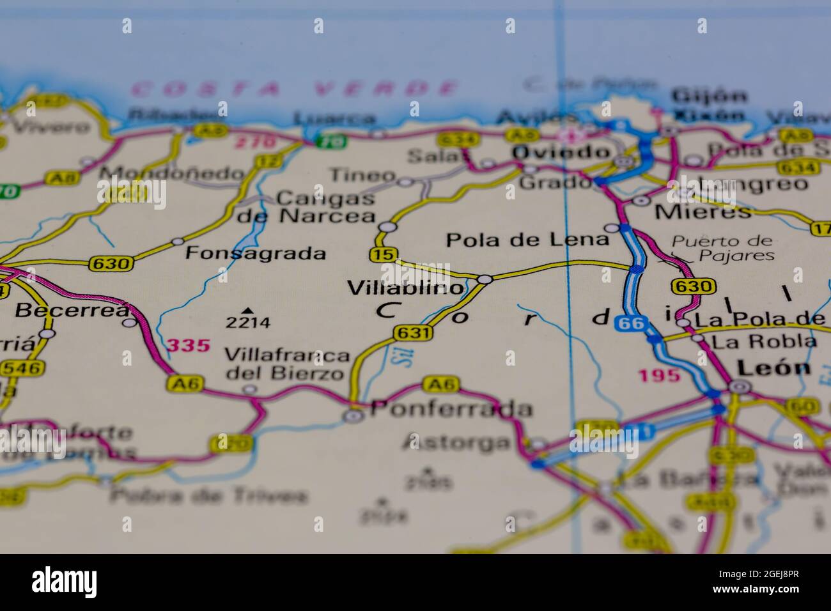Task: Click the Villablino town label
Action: (405, 288)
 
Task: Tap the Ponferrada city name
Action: (451, 408)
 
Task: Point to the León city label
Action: (773, 367)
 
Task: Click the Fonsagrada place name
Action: (256, 253)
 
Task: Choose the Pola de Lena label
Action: (527, 240)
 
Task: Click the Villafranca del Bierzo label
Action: (287, 364)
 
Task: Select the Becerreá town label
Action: (72, 311)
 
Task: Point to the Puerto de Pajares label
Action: (722, 249)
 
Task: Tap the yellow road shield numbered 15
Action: (382, 254)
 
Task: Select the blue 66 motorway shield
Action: (630, 323)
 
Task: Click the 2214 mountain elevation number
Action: (248, 322)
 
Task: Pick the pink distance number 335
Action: (188, 346)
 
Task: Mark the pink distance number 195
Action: (659, 375)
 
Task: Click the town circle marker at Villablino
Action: (485, 279)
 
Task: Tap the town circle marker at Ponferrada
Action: (353, 416)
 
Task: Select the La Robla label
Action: (764, 341)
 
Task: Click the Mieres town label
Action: (703, 212)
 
